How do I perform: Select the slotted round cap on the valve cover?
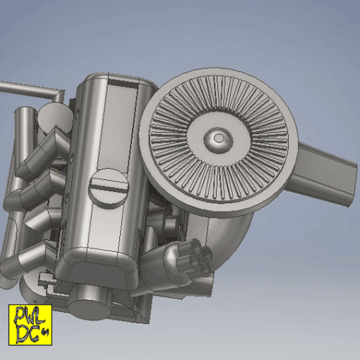point(109,186)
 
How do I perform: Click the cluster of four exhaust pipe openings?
point(195,257)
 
